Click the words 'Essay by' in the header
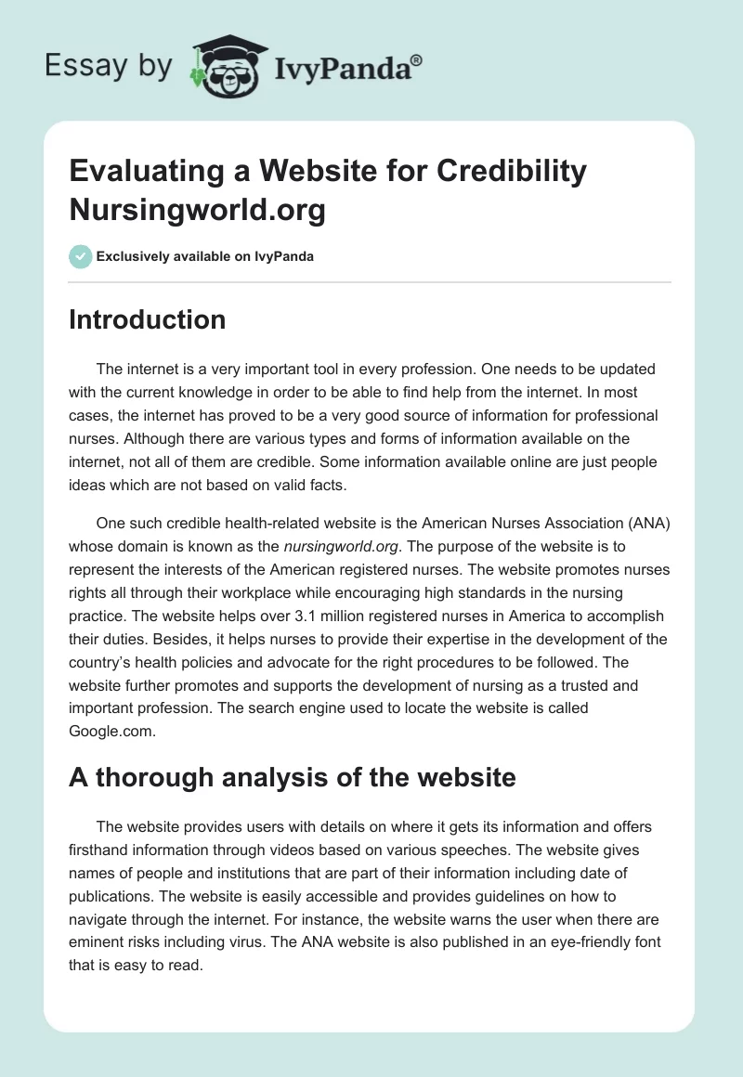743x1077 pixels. (110, 68)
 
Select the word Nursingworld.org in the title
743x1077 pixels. (197, 210)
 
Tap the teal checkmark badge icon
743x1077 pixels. (81, 256)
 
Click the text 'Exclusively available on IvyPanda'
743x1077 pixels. (205, 257)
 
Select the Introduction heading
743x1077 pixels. (147, 319)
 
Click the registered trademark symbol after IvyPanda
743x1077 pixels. (416, 58)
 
